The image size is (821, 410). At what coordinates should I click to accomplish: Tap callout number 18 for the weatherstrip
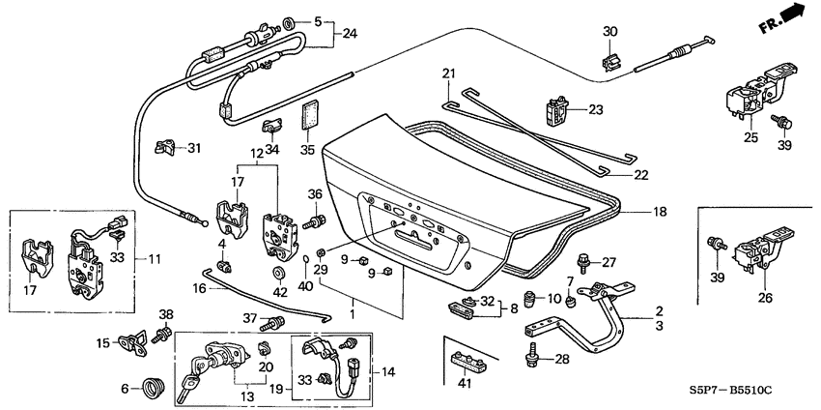pos(632,210)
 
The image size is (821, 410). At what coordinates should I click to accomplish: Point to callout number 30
pos(609,31)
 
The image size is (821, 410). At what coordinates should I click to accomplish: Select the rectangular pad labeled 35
pos(310,114)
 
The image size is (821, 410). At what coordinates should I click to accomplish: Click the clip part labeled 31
pos(166,148)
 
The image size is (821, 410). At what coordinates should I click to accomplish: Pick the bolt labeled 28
pos(530,357)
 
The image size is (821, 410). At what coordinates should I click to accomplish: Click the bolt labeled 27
pos(583,260)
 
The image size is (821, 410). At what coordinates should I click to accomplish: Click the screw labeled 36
pos(312,222)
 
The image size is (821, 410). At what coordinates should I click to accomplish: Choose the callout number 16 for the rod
pos(199,287)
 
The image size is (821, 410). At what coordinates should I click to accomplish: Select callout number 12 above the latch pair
pos(256,155)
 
